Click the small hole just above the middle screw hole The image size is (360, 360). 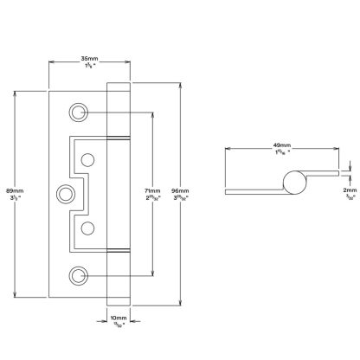(87, 159)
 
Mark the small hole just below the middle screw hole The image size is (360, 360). (87, 228)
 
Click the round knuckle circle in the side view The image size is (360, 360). (292, 182)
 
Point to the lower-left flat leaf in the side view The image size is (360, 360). (251, 188)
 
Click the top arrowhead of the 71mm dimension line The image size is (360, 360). (152, 112)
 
